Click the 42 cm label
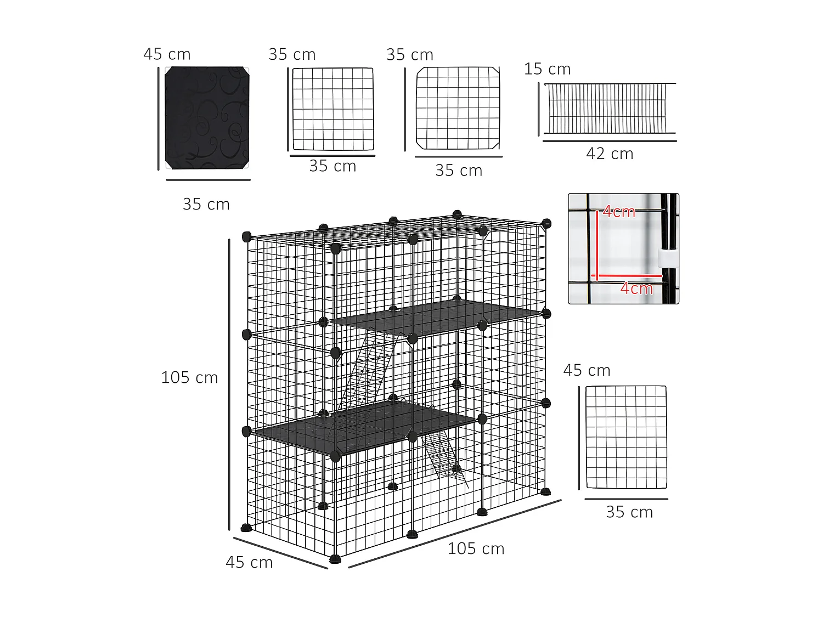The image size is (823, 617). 610,154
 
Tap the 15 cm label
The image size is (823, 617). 547,69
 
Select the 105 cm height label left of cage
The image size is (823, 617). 189,378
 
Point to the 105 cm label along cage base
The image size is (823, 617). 476,549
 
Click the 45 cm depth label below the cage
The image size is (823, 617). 249,563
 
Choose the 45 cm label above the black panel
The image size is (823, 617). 167,54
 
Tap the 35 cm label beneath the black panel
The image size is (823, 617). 206,205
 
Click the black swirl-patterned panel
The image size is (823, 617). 207,118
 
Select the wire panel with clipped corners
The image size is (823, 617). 458,108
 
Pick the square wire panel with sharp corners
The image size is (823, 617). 332,109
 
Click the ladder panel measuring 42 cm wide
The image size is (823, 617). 609,109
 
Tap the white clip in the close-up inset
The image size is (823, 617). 666,258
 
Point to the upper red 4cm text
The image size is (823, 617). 619,212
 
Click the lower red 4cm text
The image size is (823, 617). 636,288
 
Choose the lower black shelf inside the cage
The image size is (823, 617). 365,428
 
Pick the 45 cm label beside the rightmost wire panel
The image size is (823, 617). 587,371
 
